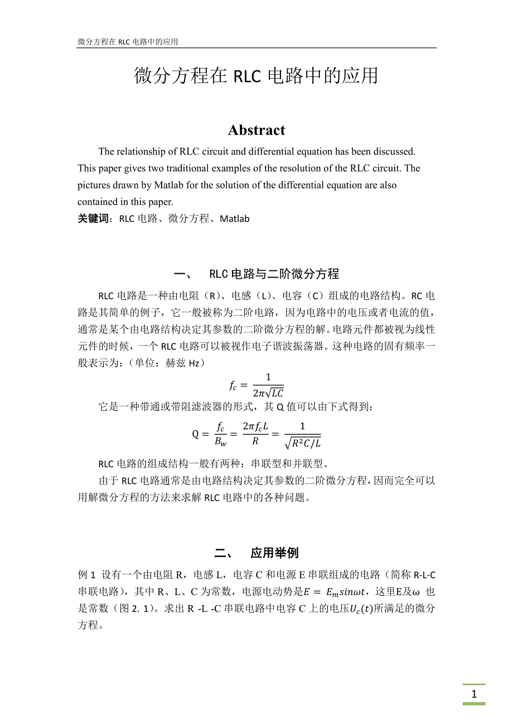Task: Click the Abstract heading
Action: click(x=256, y=130)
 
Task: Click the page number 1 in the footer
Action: click(x=474, y=694)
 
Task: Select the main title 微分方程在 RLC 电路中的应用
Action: click(x=256, y=76)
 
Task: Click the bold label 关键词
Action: click(x=96, y=219)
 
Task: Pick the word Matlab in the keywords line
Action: click(x=234, y=219)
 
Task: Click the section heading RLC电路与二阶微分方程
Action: click(x=274, y=274)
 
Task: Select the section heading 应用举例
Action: click(x=274, y=553)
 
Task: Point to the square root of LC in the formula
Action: click(x=274, y=392)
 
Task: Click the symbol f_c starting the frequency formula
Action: click(x=234, y=385)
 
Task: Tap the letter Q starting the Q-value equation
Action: click(x=196, y=434)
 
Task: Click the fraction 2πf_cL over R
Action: click(x=256, y=434)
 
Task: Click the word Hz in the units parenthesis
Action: click(x=192, y=363)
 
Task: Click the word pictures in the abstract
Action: click(x=94, y=185)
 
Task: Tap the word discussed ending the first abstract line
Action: click(x=394, y=151)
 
